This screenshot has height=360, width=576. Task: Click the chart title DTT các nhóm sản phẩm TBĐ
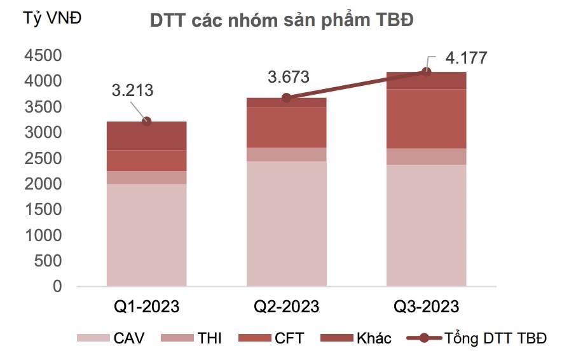point(282,20)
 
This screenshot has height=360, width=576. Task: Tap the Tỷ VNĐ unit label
point(52,18)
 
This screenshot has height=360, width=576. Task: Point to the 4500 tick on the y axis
point(43,55)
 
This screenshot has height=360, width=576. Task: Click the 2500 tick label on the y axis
point(43,158)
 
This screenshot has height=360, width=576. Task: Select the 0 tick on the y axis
point(57,286)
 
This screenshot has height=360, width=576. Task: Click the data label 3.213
point(132,90)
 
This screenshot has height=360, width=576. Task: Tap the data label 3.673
point(289,77)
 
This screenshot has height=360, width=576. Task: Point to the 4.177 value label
point(466,58)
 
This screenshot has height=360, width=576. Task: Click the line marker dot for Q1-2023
point(147,121)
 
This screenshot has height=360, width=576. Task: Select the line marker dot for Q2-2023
point(287,98)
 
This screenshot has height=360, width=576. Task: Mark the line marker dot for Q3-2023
point(427,72)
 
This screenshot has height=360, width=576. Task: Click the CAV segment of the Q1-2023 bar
point(147,235)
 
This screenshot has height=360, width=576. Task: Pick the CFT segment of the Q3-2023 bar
point(427,119)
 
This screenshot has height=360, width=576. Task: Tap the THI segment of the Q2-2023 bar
point(287,155)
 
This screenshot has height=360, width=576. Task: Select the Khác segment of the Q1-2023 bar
point(147,136)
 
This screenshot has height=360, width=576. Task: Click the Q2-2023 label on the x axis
point(287,307)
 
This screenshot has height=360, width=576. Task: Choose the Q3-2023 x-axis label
point(427,307)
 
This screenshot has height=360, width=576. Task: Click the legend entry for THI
point(191,338)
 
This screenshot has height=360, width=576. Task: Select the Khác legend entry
point(355,338)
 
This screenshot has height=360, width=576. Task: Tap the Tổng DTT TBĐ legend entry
point(477,338)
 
